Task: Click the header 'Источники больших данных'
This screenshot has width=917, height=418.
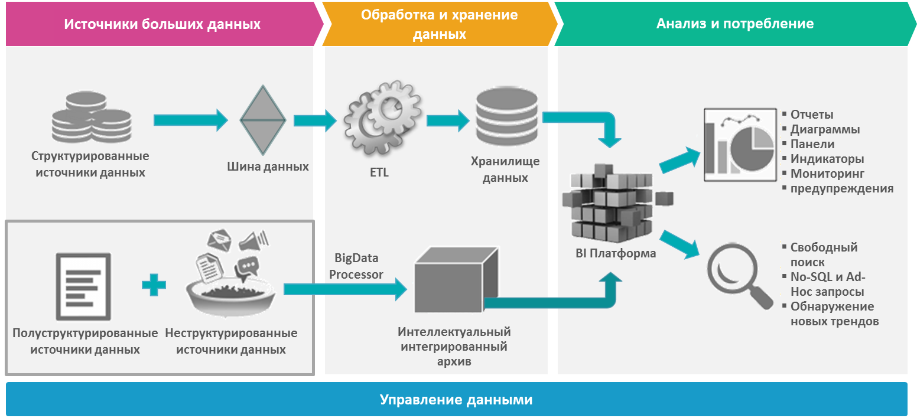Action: click(162, 24)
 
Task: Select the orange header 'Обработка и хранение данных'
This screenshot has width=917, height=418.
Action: click(439, 24)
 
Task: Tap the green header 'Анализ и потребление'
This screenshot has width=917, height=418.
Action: click(734, 24)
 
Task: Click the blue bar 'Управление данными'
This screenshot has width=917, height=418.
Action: click(456, 400)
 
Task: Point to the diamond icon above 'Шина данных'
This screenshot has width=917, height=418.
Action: click(263, 120)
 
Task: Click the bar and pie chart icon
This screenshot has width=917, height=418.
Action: click(739, 145)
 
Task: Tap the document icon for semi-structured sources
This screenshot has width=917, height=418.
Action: click(83, 287)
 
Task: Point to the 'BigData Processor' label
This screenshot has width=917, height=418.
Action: click(356, 266)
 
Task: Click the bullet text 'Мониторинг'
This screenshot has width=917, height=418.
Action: click(827, 174)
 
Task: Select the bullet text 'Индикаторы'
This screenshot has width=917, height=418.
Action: click(827, 159)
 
